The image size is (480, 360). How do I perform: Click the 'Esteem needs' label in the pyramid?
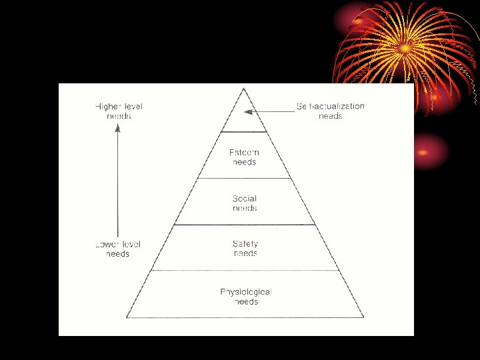click(x=245, y=157)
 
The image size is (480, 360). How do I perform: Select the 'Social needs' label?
click(x=245, y=203)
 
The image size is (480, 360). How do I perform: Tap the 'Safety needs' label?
click(x=245, y=249)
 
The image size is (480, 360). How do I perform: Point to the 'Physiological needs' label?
click(x=246, y=297)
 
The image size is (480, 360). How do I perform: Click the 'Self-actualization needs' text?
click(x=330, y=111)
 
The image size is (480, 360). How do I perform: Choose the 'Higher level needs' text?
click(x=119, y=111)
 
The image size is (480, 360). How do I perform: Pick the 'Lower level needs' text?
click(x=118, y=249)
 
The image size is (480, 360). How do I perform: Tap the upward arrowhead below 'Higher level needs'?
click(x=118, y=130)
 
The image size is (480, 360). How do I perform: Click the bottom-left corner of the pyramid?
click(x=127, y=317)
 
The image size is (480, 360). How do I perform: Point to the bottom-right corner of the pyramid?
click(x=364, y=317)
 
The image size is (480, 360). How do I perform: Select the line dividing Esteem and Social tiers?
click(x=245, y=178)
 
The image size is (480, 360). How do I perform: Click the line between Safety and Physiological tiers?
click(x=245, y=270)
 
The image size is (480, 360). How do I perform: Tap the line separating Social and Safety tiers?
click(x=245, y=225)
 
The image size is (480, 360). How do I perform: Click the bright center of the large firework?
click(x=405, y=48)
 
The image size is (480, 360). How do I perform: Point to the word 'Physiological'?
click(x=246, y=292)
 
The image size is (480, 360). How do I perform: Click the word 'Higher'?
click(x=109, y=106)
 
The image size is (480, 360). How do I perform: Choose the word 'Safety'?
click(x=245, y=244)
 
